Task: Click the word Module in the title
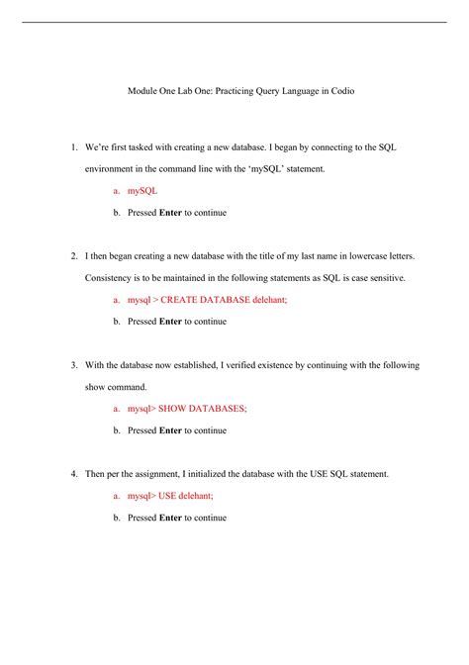[x=145, y=91]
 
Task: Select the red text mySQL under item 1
[x=142, y=190]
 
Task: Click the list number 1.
[x=74, y=147]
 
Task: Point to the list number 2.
[x=74, y=256]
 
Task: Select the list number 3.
[x=74, y=365]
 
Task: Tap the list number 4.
[x=74, y=474]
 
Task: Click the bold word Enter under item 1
[x=170, y=212]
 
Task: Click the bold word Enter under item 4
[x=170, y=518]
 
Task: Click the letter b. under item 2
[x=117, y=321]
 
